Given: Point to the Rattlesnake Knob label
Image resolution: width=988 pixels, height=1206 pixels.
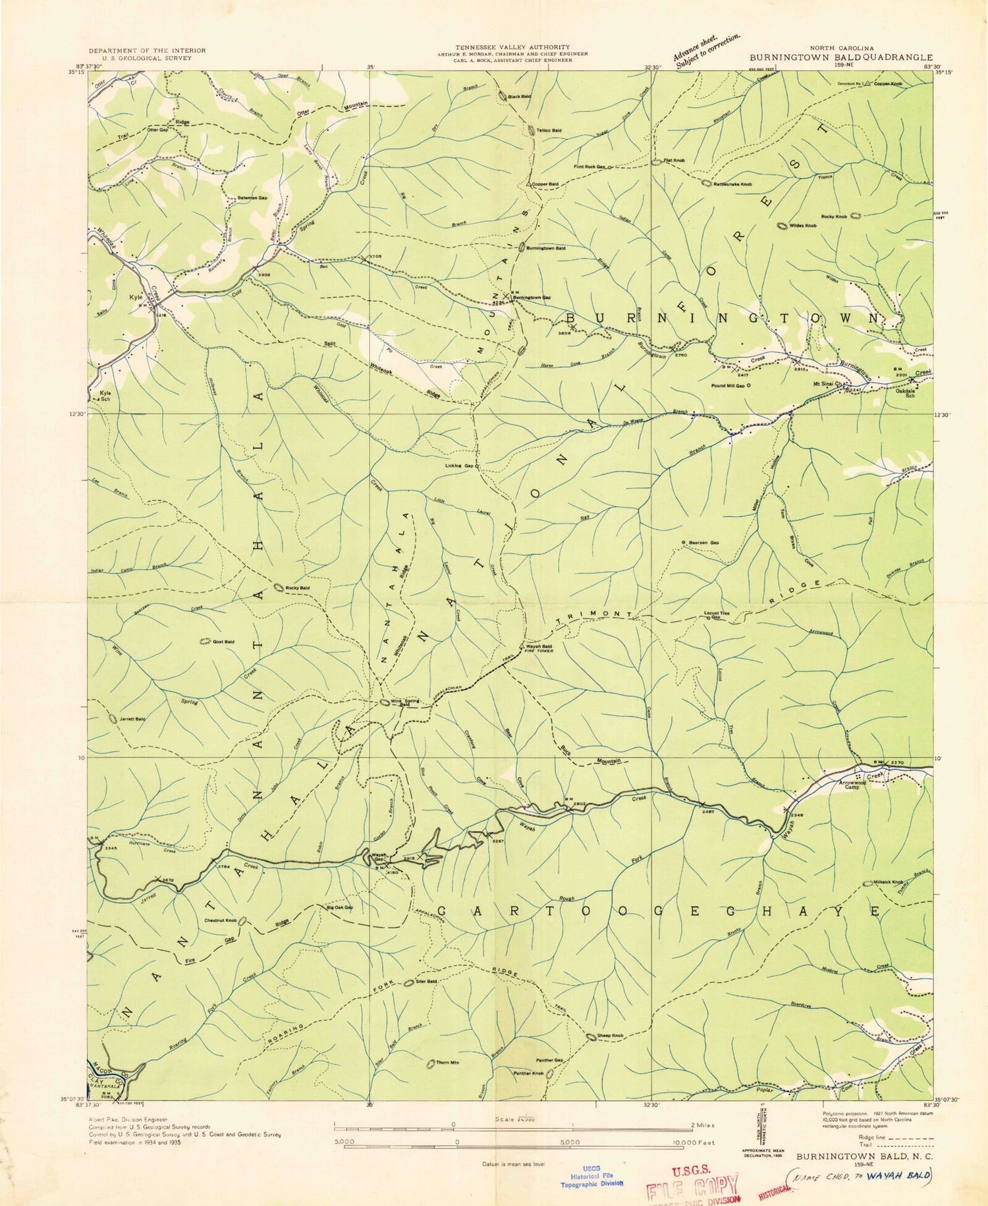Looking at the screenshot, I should (x=732, y=184).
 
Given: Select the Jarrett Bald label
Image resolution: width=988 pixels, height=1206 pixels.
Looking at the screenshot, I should (x=132, y=719).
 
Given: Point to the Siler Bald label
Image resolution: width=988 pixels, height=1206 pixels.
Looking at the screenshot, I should (x=427, y=981).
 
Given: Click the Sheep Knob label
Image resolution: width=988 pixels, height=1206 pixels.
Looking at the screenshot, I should (x=610, y=1036).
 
